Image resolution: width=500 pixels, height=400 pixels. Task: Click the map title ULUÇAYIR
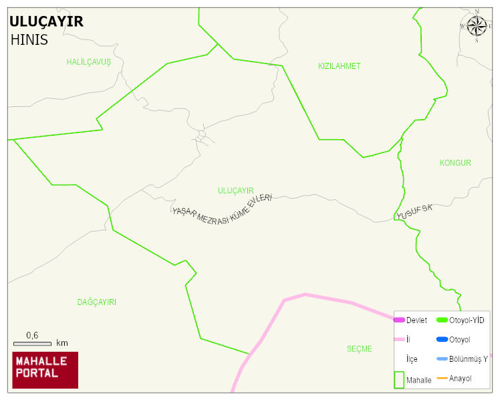point(47,21)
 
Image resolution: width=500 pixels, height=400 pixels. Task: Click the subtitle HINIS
point(29,39)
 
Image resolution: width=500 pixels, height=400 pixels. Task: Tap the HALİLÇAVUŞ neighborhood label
point(88,62)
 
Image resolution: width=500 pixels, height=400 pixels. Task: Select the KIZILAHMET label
point(339,66)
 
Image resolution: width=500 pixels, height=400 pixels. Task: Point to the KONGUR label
point(455,163)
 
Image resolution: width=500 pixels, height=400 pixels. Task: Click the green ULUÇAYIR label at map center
point(236,191)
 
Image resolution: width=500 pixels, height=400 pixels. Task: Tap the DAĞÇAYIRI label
point(97,302)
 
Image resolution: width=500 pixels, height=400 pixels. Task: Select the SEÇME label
point(359,349)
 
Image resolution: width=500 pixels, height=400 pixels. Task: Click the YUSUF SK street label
point(414,213)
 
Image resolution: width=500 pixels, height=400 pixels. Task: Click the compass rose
point(477,26)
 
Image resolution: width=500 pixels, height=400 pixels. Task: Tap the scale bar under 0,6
point(32,344)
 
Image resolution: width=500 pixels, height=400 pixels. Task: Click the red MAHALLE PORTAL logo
point(45,370)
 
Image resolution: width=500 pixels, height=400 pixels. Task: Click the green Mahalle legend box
point(399,379)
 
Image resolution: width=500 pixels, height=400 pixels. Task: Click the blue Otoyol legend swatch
point(442,340)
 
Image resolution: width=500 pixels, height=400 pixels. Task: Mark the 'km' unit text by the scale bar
point(62,343)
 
